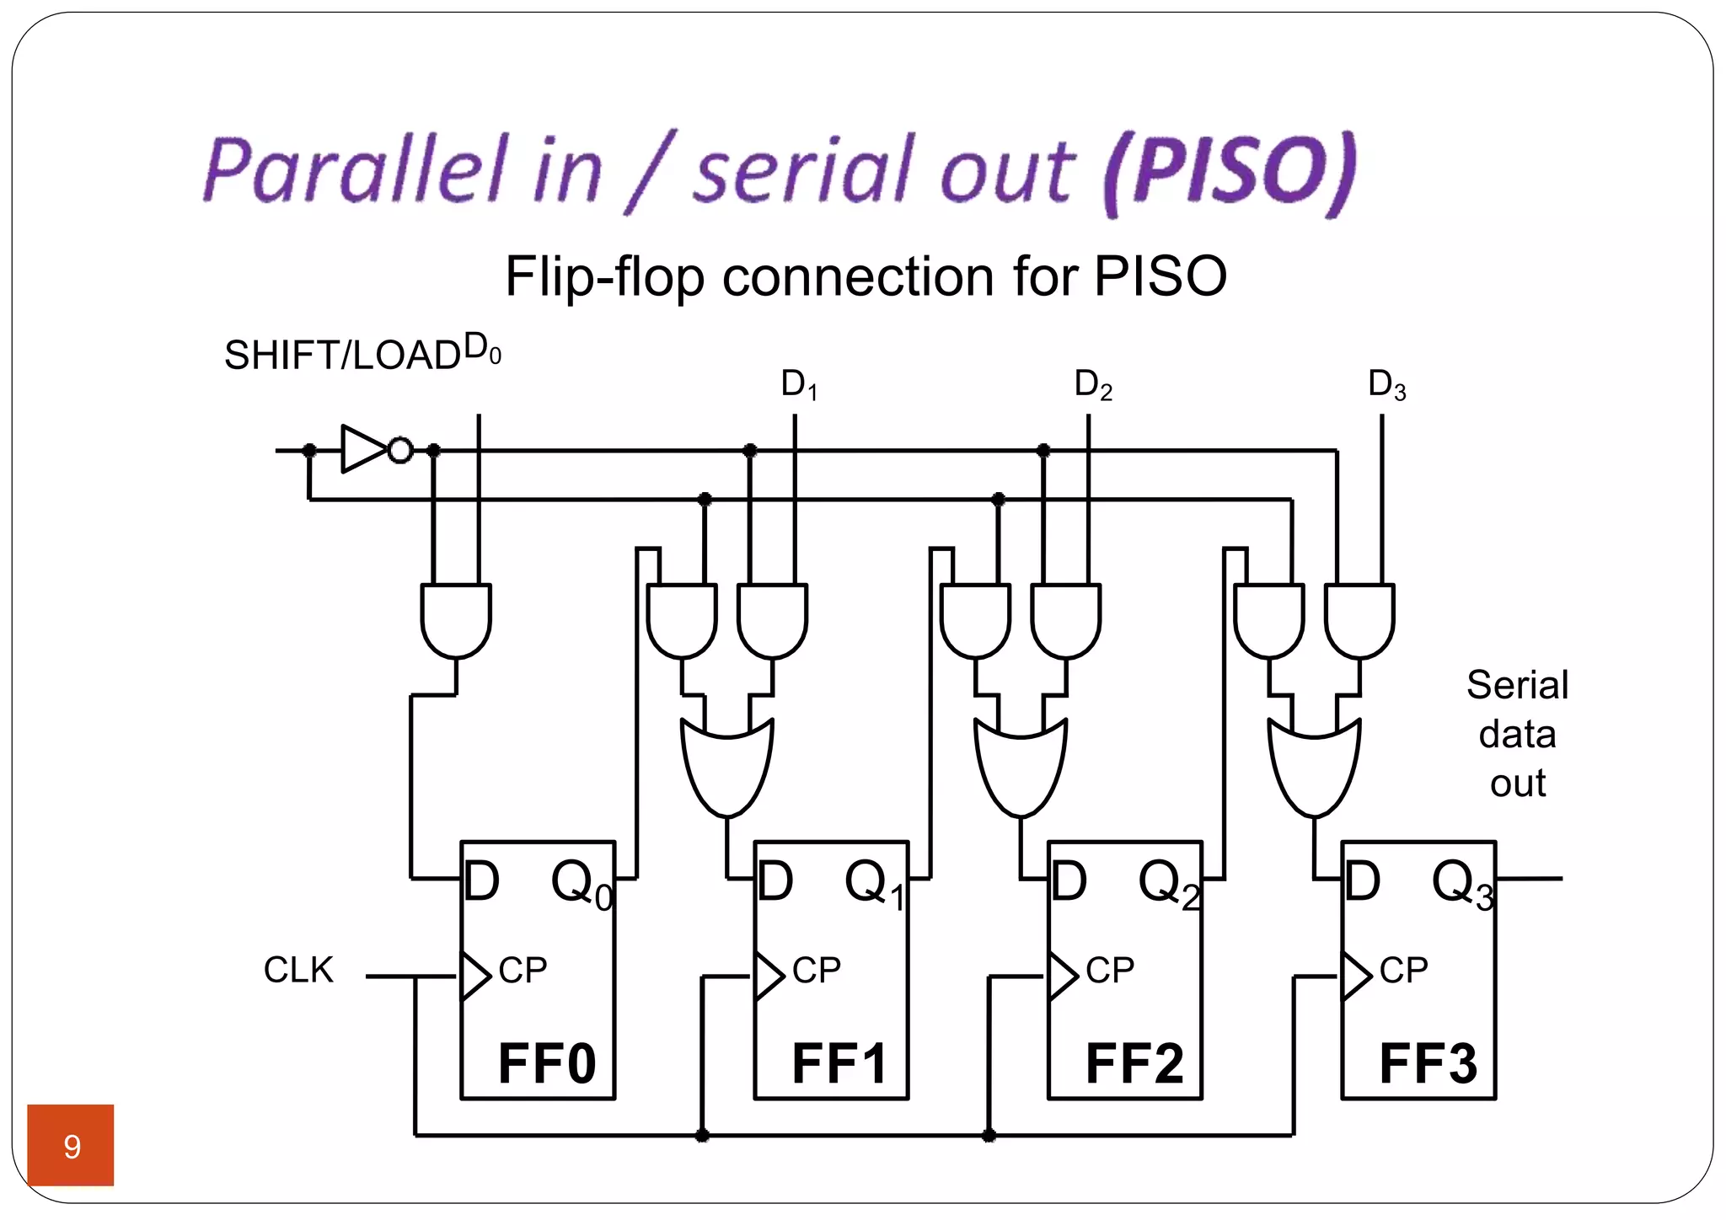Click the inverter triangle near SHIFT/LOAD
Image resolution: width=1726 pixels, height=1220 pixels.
[362, 449]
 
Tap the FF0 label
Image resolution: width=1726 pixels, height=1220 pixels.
[546, 1063]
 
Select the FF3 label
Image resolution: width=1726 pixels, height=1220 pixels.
[1428, 1063]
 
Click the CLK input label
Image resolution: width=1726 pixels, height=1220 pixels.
[298, 970]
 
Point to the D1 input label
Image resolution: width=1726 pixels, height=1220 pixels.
[799, 384]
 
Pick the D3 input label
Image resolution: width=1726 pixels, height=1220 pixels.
[1386, 384]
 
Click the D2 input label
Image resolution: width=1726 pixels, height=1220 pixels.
[1093, 384]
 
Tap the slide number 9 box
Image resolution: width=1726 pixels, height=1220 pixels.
[71, 1145]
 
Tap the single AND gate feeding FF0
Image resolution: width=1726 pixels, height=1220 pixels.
[456, 619]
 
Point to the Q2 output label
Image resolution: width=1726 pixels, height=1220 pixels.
[1168, 883]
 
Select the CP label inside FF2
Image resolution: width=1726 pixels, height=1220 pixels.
[1110, 971]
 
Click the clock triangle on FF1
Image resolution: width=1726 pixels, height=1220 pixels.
[768, 977]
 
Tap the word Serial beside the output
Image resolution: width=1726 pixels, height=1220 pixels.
[1517, 684]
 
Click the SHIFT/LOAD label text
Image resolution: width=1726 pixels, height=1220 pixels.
[341, 356]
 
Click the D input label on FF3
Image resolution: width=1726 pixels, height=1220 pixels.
[1363, 881]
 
